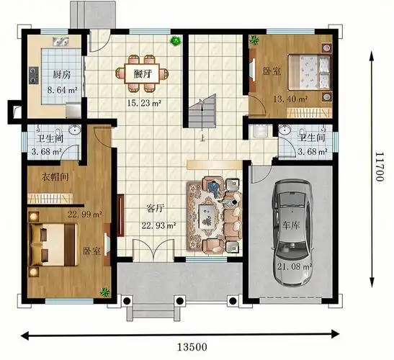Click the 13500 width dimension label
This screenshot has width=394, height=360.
192,347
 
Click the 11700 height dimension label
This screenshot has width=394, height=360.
379,167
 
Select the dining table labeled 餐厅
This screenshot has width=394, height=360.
142,73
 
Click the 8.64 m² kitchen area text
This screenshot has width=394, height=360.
62,90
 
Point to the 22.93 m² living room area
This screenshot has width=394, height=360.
158,225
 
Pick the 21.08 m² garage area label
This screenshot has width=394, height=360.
295,266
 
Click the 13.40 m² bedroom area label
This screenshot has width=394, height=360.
290,99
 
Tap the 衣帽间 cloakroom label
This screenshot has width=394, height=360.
55,177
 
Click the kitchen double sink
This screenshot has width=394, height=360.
61,42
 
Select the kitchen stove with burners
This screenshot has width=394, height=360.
33,76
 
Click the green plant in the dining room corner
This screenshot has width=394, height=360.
175,41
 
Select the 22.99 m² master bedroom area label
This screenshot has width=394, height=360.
85,215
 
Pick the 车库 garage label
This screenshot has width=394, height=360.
291,225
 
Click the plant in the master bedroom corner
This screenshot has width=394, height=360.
104,292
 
